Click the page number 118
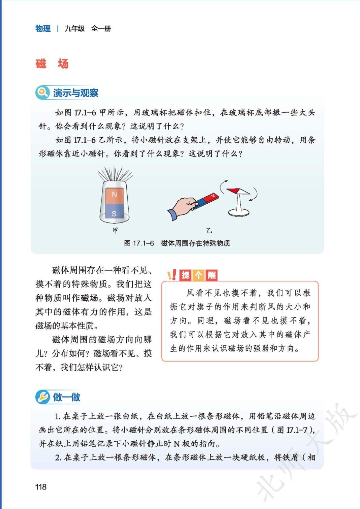(x=41, y=487)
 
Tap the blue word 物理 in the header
(x=43, y=29)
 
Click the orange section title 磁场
(x=52, y=63)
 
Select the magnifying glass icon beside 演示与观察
(x=42, y=92)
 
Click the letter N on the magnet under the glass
(x=114, y=194)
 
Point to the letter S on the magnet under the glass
(x=114, y=213)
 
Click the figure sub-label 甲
(x=115, y=230)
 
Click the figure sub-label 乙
(x=209, y=231)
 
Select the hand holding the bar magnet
(x=182, y=208)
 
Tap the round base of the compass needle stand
(x=239, y=213)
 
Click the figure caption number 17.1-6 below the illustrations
(x=143, y=243)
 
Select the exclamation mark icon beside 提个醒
(x=172, y=275)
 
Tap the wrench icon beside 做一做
(x=42, y=397)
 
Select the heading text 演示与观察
(x=76, y=93)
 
